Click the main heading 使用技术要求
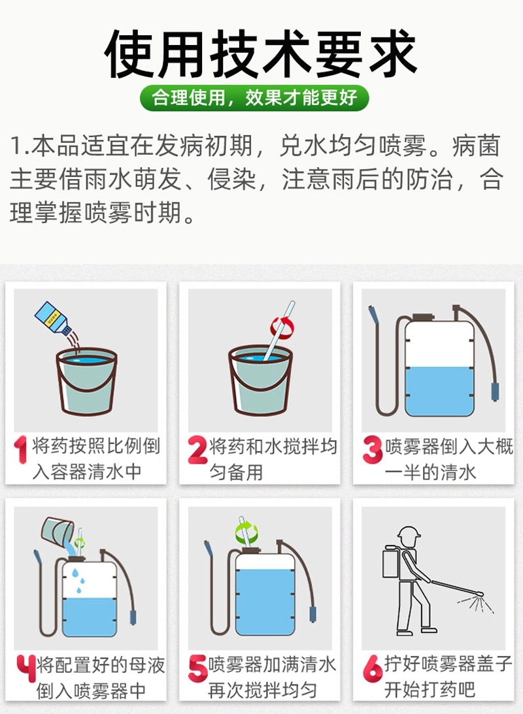[x=261, y=54]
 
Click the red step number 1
[x=22, y=450]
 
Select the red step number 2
[x=197, y=450]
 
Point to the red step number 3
[x=371, y=450]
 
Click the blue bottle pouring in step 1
[x=52, y=319]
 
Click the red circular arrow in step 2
[x=282, y=326]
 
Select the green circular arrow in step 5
[x=246, y=530]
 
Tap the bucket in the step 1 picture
[x=86, y=381]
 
